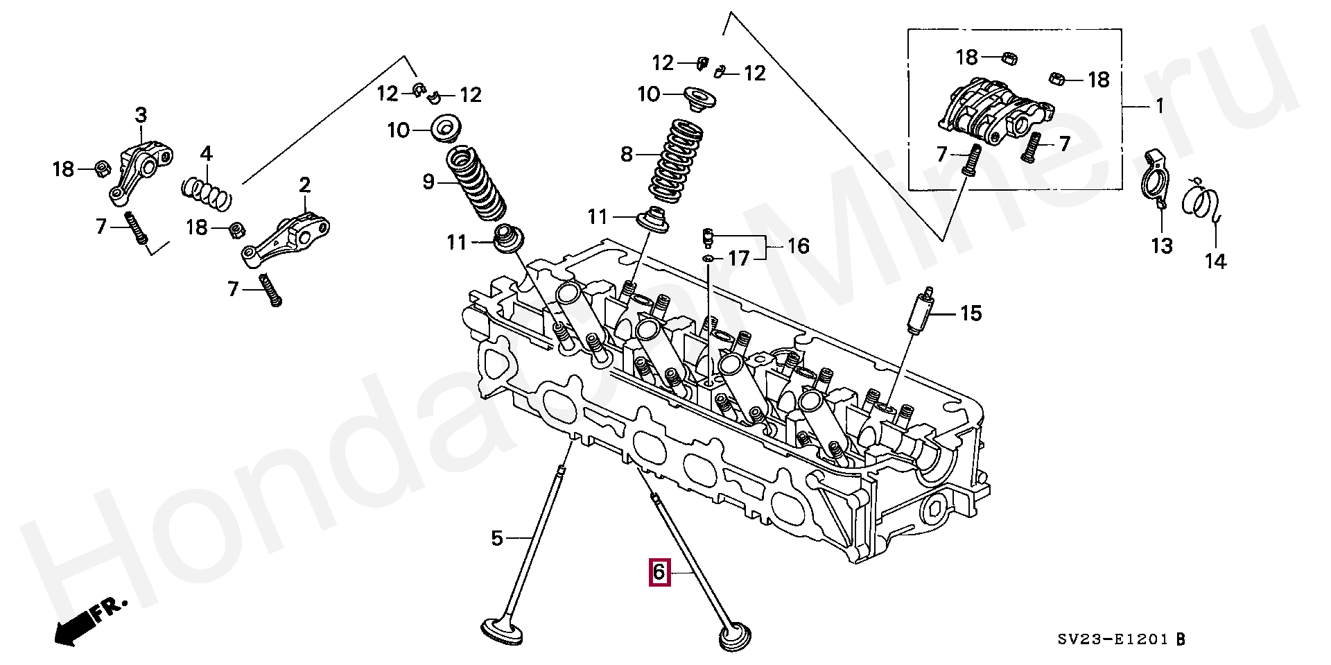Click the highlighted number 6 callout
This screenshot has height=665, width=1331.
point(659,572)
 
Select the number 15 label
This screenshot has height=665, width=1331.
point(971,313)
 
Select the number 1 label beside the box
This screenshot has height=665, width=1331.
point(1159,107)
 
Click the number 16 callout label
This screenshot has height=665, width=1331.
point(799,246)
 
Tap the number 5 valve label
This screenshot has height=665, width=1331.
point(496,537)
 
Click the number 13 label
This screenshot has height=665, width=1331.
point(1162,245)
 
